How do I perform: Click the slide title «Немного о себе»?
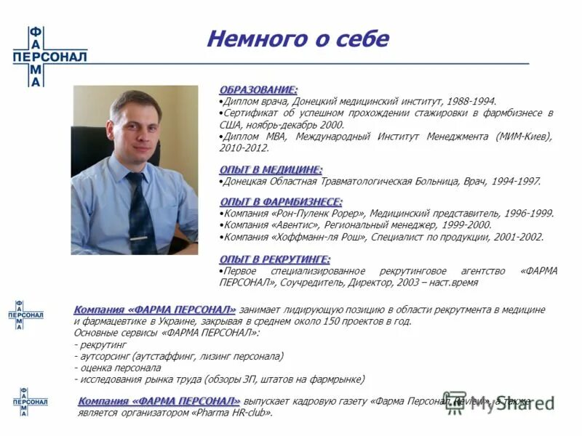[x=298, y=39]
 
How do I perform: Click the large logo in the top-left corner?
[x=49, y=57]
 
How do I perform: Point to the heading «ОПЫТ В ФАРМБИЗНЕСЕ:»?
[x=281, y=201]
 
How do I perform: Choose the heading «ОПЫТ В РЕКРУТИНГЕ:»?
[x=275, y=259]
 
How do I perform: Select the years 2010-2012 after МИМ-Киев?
[x=244, y=148]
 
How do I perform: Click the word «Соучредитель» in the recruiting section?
[x=306, y=283]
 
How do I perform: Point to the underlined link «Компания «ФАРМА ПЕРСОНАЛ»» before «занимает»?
[x=154, y=310]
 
